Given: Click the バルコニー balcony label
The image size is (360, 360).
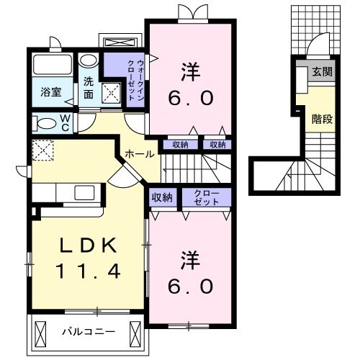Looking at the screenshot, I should [84, 333].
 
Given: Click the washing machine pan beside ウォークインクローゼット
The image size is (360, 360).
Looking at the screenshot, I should [112, 92].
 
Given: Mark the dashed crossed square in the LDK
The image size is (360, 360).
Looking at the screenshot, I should [42, 150].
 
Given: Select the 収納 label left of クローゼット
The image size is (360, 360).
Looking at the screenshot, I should [162, 197].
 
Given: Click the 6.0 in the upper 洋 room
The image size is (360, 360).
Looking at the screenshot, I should [190, 99].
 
